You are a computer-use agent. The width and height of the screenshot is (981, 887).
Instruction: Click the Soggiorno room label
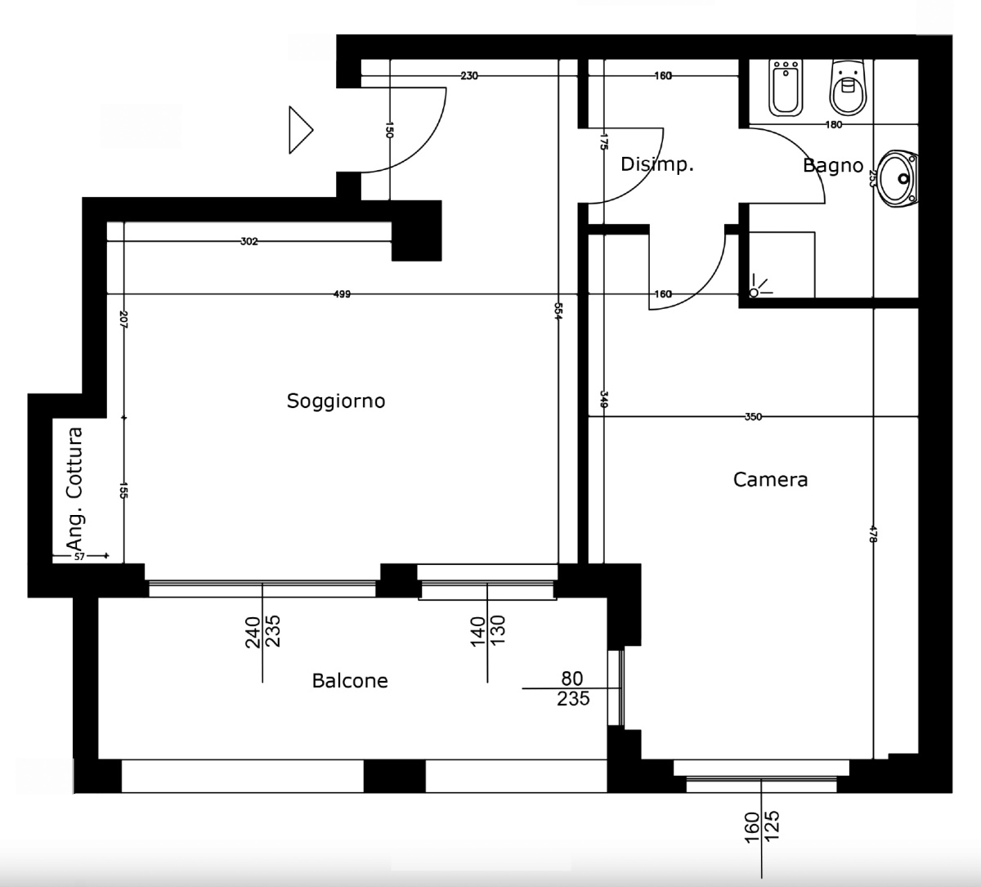[x=336, y=401]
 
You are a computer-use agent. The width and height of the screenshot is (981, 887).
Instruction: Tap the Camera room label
[x=770, y=479]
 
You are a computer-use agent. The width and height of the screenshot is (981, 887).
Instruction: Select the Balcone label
[x=350, y=680]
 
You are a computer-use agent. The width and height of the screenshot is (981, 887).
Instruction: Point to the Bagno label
[x=833, y=166]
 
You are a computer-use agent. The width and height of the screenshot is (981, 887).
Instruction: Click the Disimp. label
[x=657, y=164]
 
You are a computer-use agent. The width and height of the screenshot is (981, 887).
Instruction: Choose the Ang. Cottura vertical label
[x=74, y=489]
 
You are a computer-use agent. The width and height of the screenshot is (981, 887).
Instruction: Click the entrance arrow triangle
[x=301, y=130]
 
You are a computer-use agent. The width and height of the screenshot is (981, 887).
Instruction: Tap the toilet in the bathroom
[x=848, y=87]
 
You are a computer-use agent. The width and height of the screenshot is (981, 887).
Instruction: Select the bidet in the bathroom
[x=786, y=88]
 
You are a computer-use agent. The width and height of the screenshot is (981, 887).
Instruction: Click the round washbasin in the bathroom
[x=898, y=178]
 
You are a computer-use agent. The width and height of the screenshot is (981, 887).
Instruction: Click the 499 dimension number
[x=342, y=294]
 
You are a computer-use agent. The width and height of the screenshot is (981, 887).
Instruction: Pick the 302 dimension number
[x=249, y=241]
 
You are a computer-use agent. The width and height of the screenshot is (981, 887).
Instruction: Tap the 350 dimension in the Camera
[x=753, y=417]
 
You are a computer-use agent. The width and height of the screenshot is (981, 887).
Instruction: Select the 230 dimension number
[x=469, y=76]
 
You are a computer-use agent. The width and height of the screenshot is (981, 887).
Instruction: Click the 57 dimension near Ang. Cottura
[x=79, y=556]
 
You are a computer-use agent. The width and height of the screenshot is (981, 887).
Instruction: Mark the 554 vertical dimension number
[x=557, y=311]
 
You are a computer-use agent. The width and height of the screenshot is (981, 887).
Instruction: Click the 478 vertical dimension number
[x=873, y=534]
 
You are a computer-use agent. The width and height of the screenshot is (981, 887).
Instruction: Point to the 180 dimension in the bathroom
[x=834, y=125]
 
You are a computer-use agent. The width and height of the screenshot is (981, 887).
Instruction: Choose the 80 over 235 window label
[x=572, y=689]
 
